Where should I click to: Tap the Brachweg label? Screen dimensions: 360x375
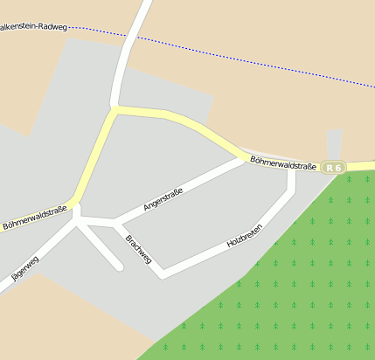(x=139, y=249)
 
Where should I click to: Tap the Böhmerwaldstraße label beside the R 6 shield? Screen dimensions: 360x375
(x=282, y=163)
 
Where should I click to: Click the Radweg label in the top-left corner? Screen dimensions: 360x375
(x=35, y=27)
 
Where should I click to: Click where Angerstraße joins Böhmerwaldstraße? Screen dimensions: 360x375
(x=244, y=158)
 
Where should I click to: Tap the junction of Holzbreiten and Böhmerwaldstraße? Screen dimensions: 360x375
(x=291, y=170)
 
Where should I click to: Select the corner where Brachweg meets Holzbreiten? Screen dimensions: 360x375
(x=163, y=274)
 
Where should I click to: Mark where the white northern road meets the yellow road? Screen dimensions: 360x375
(x=115, y=108)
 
